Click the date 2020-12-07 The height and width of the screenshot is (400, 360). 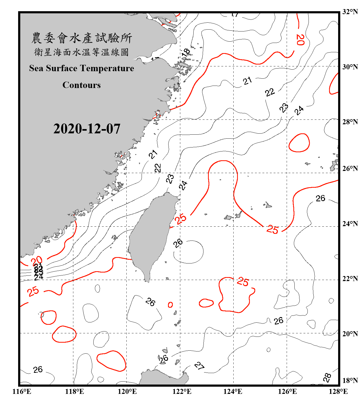(87, 129)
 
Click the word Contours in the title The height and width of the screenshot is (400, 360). (82, 85)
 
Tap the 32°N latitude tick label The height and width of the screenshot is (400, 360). (350, 12)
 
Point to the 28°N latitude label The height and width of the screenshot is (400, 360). (350, 122)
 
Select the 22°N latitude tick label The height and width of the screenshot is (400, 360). (350, 279)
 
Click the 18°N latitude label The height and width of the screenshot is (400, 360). (350, 381)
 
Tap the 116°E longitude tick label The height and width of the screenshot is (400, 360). (22, 391)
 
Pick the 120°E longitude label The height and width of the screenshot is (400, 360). (127, 391)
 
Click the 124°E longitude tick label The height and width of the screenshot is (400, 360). (233, 391)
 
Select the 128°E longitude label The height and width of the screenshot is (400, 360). (338, 391)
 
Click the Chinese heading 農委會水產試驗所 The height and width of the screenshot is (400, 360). (82, 38)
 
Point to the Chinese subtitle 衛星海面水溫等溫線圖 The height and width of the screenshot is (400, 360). (81, 52)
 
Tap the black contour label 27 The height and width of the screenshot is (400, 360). (199, 366)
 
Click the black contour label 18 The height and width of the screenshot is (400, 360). (186, 52)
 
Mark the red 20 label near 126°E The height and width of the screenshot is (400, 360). (300, 40)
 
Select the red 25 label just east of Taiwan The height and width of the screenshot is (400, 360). (181, 219)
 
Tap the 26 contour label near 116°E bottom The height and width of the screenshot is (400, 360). (38, 370)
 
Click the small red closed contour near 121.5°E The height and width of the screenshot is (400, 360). (170, 305)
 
